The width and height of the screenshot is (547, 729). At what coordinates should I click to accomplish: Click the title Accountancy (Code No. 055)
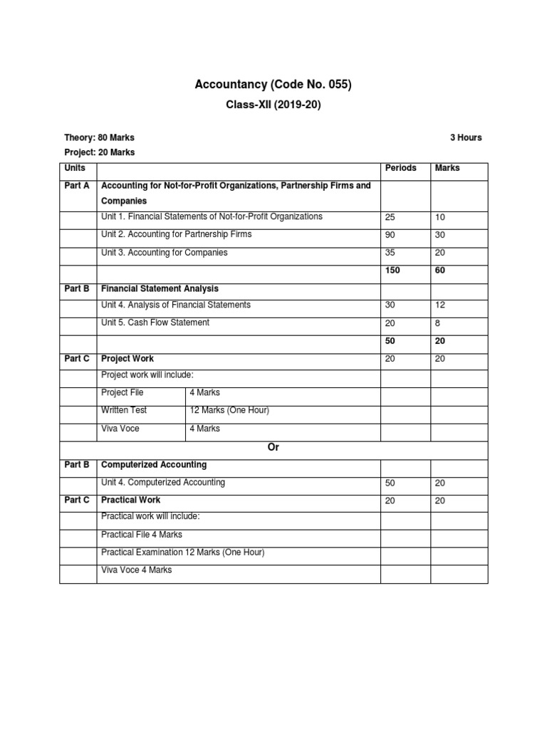[273, 85]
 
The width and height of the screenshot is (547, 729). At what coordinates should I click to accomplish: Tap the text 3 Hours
[465, 137]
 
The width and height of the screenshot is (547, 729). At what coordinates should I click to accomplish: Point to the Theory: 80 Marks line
[99, 137]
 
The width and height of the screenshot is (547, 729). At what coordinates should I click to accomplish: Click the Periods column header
[400, 168]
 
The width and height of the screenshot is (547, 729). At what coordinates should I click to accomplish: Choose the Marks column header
[447, 168]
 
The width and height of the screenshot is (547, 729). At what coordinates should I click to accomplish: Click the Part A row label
[77, 186]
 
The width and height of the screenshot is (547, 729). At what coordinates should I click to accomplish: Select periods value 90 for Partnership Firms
[391, 234]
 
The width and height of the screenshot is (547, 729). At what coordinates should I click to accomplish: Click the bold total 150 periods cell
[393, 271]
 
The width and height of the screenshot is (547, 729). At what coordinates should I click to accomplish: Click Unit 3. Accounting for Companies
[165, 252]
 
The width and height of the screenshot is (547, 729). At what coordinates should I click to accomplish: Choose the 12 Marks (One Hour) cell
[229, 410]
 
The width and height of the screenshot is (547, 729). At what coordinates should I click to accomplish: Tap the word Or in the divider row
[273, 447]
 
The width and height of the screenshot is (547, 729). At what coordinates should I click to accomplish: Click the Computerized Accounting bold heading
[154, 464]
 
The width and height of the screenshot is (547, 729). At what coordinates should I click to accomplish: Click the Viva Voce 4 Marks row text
[136, 570]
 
